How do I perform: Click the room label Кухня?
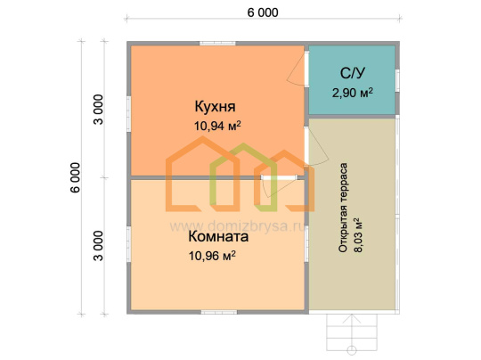pos(215,107)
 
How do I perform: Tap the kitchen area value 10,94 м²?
pos(217,126)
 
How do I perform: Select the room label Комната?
pos(218,237)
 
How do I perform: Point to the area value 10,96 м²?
pos(212,256)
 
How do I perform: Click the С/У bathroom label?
pos(353,73)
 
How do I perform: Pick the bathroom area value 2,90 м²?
pos(353,93)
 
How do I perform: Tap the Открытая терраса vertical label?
pos(343,208)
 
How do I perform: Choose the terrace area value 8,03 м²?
pos(358,235)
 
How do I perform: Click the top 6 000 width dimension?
pos(263,12)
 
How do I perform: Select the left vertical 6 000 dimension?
pos(75,177)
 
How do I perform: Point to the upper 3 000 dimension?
pos(99,110)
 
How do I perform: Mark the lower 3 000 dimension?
pos(99,246)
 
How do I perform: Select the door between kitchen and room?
pos(278,186)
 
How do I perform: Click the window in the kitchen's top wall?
pos(217,44)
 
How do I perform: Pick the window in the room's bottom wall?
pos(219,312)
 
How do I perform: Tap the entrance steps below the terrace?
pos(352,333)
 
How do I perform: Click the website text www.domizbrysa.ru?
pos(238,227)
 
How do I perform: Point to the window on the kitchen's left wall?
pos(129,114)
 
